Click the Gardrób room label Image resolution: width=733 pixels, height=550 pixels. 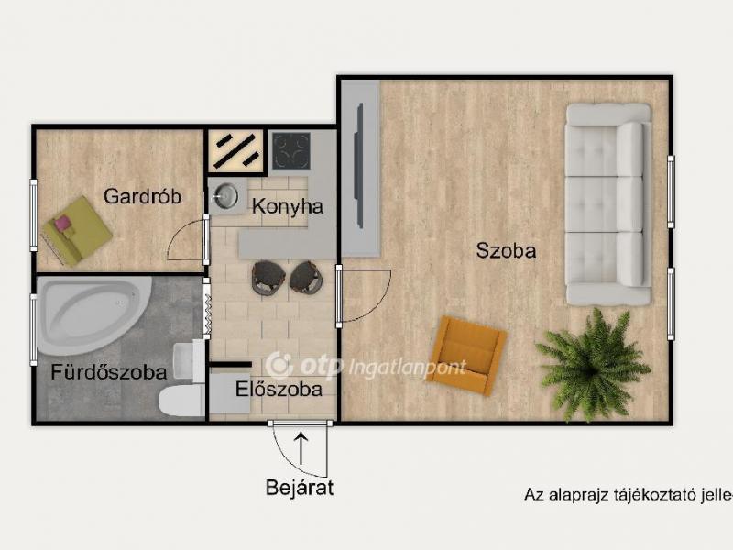142,196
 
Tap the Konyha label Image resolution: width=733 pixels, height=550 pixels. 288,207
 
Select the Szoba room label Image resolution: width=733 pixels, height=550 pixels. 506,250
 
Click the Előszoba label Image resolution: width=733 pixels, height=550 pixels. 279,389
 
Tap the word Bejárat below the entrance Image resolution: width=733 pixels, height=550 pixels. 300,488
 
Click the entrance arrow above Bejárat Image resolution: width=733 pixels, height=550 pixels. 300,447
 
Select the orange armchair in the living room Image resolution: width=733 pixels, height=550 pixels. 467,355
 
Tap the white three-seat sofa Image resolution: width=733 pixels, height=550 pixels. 607,203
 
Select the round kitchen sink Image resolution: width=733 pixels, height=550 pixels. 226,195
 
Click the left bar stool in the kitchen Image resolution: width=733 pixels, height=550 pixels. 268,277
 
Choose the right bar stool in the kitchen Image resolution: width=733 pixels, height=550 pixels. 306,277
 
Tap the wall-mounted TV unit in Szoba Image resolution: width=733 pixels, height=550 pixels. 361,169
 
